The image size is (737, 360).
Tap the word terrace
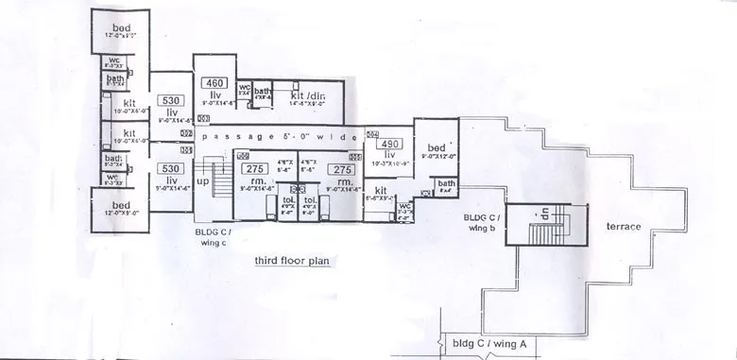point(624,227)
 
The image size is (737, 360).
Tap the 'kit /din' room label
point(308,95)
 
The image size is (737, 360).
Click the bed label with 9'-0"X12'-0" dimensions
point(436,148)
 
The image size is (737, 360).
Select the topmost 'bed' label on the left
point(121,26)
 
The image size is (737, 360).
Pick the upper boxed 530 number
point(171,100)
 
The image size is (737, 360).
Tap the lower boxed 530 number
point(171,168)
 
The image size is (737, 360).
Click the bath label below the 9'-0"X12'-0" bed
point(446,183)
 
